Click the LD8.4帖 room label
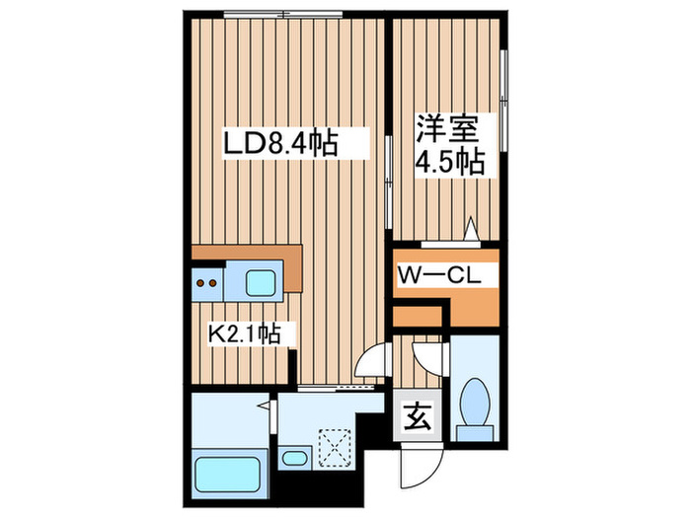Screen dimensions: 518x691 point(279,145)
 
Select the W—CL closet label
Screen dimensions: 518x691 point(439,276)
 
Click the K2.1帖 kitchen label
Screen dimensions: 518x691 point(244,334)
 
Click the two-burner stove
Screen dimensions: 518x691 point(207,284)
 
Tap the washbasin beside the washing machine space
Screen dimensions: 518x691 point(292,457)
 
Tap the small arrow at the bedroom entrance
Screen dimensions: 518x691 point(472,231)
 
